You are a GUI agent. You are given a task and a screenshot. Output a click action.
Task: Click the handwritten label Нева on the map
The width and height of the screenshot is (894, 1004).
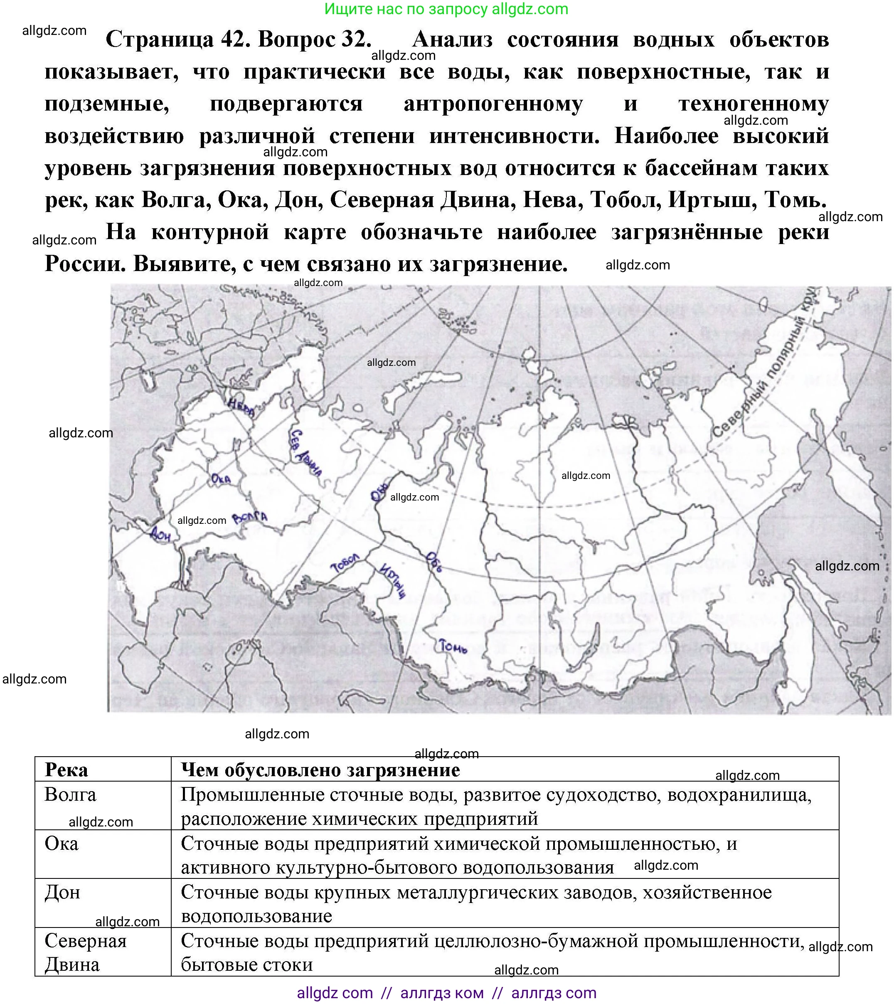[x=241, y=407]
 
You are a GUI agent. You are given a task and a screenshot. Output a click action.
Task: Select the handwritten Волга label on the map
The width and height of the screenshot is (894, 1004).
[x=250, y=518]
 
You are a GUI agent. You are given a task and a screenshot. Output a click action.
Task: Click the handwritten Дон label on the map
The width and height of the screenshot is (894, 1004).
[x=160, y=534]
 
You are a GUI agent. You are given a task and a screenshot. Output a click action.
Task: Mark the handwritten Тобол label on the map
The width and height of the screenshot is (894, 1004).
[x=346, y=562]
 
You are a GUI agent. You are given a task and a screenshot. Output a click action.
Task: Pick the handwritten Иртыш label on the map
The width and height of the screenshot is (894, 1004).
[x=393, y=580]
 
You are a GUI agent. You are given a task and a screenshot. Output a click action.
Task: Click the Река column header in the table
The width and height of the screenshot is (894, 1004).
[x=66, y=770]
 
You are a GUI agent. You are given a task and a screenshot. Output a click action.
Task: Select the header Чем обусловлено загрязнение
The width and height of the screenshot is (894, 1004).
[x=320, y=770]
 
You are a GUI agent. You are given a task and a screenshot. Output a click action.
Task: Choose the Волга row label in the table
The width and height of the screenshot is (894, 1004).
[x=70, y=795]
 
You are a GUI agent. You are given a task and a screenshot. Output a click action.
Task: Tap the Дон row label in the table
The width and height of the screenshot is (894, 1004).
[x=62, y=892]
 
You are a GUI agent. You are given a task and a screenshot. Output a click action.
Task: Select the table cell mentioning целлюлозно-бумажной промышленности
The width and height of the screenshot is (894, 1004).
[x=491, y=952]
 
